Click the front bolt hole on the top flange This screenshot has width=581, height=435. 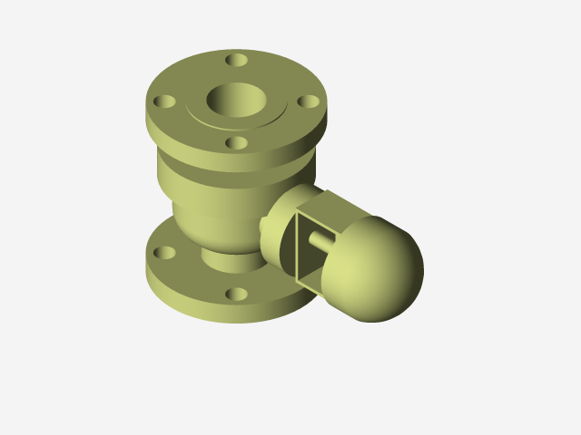click(236, 142)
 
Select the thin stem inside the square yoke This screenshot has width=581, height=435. click(321, 241)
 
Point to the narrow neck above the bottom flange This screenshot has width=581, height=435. click(227, 259)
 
